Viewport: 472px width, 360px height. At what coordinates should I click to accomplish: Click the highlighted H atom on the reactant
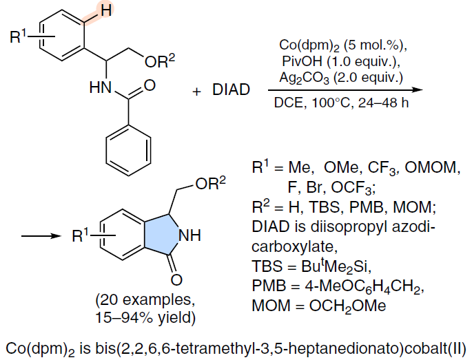[106, 10]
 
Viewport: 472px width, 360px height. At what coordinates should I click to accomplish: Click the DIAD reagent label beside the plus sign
[231, 89]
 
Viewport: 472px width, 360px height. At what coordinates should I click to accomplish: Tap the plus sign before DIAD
[196, 91]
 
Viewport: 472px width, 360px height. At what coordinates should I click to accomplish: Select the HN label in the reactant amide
[101, 87]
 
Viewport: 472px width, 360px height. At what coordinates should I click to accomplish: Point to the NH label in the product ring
[190, 235]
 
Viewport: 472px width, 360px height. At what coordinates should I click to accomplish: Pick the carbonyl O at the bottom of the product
[176, 279]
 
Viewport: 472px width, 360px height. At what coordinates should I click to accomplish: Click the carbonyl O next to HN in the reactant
[150, 85]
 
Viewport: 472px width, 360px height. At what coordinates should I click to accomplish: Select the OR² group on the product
[210, 183]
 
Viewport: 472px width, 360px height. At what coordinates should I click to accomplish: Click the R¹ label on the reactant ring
[18, 36]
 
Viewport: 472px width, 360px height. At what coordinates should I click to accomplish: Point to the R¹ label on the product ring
[81, 235]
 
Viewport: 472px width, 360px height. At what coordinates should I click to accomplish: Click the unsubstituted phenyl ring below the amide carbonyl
[129, 149]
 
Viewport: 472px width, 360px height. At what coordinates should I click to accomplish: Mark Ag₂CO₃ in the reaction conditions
[305, 78]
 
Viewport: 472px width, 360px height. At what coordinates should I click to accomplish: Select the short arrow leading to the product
[41, 236]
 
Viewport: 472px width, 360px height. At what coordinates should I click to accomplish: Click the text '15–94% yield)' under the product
[145, 317]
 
